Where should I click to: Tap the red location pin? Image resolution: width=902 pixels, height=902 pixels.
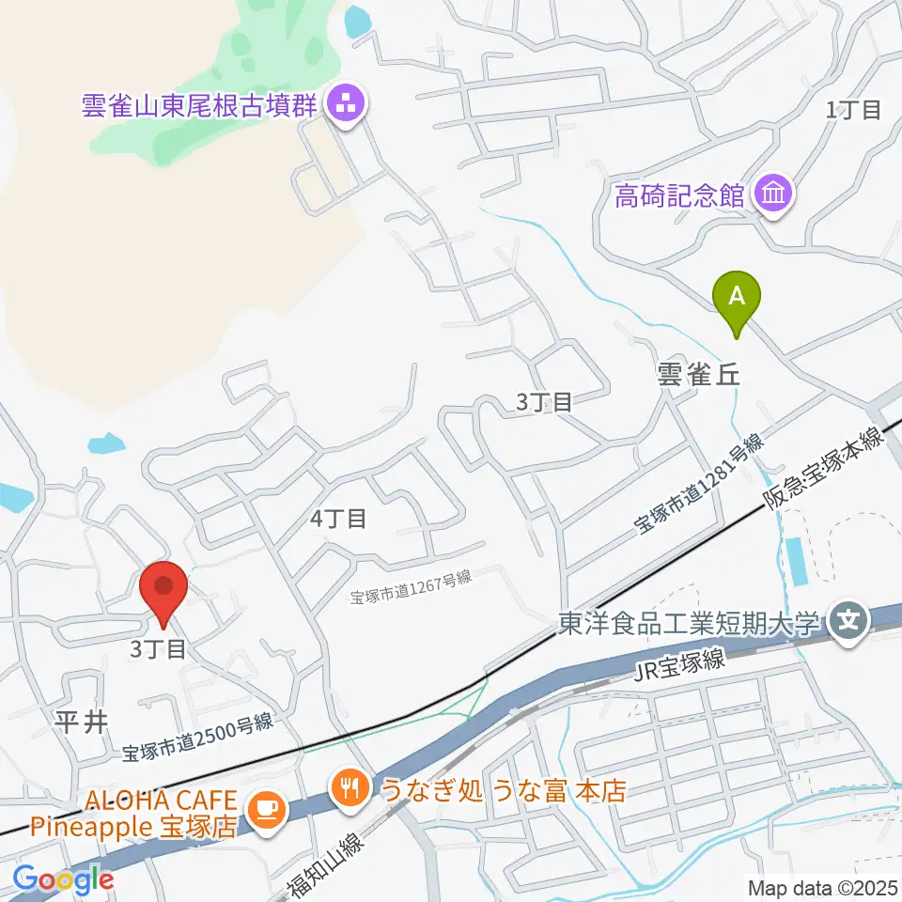point(163,589)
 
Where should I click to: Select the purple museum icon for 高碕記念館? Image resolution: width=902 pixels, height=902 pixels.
point(777,195)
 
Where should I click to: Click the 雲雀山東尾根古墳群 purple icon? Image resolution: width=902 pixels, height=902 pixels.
point(344,104)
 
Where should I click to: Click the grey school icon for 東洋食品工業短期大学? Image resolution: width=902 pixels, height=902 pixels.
point(849,622)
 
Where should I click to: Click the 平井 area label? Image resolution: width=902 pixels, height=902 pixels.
point(84,722)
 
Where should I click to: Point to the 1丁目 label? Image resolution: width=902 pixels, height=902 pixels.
point(852,110)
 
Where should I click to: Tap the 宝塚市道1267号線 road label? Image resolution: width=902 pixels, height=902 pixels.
point(411,587)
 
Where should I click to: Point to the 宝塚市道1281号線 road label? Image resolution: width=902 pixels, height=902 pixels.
point(700,486)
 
